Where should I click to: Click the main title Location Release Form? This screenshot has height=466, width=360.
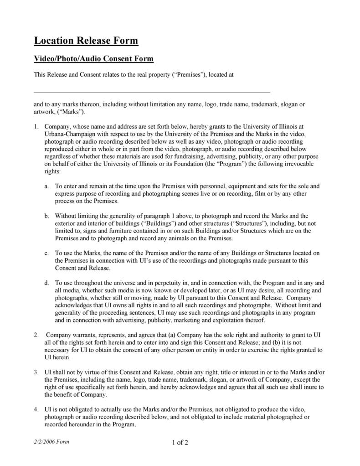coord(86,41)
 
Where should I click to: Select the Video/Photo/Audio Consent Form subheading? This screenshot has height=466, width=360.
coord(94,59)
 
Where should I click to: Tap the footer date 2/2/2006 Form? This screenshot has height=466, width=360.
coord(51,442)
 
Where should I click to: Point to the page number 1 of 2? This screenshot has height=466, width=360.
coord(180,442)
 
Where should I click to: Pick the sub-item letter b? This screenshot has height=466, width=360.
coord(47,216)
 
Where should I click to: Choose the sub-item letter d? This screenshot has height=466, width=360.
coord(47,283)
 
